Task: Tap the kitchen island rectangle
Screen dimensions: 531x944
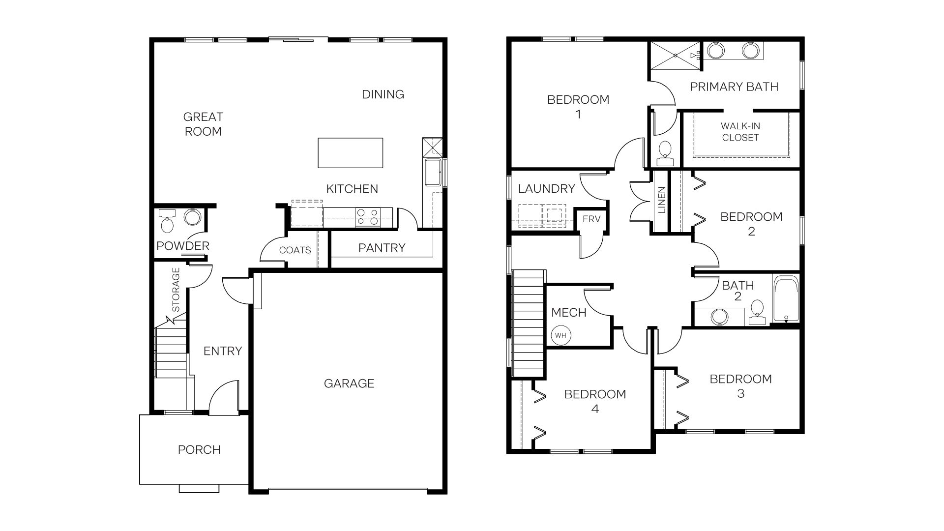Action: tap(351, 153)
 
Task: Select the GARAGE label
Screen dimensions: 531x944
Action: tap(349, 383)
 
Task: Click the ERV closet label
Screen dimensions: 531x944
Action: tap(591, 219)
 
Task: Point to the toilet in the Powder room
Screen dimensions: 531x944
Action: tap(168, 224)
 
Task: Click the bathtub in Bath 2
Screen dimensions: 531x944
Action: tap(785, 299)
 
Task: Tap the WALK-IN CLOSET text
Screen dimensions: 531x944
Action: tap(740, 132)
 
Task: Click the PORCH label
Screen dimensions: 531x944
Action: tap(199, 449)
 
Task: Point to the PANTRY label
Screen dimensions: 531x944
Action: tap(382, 248)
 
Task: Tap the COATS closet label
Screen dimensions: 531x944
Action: tap(295, 250)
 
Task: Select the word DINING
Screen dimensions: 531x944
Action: tap(383, 94)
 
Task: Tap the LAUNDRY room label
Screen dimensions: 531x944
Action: tap(546, 188)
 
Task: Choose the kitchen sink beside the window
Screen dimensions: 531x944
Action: tap(433, 173)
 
